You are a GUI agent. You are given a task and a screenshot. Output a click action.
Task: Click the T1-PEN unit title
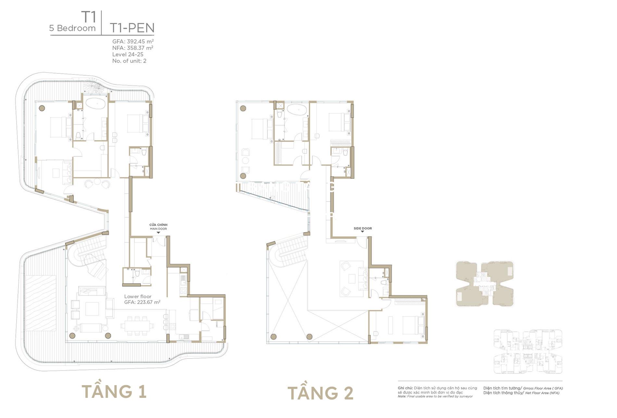[132, 28]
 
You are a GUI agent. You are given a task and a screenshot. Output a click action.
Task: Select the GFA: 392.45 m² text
[133, 42]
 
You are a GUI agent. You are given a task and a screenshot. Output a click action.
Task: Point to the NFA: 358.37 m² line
[132, 48]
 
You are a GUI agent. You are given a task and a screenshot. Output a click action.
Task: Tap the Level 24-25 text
[128, 54]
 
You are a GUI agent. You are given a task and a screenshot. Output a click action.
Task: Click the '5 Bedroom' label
[72, 28]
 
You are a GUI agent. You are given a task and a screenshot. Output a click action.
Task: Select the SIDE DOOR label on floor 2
[362, 229]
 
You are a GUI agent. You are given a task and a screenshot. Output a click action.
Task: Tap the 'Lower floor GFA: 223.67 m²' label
[142, 299]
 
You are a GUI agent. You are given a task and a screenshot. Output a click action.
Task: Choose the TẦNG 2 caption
[321, 393]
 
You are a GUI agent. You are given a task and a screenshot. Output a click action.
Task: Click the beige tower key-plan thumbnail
[485, 283]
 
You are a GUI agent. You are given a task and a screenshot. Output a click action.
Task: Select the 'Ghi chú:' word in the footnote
[405, 388]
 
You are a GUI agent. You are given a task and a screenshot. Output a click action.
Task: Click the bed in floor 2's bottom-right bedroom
[412, 325]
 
